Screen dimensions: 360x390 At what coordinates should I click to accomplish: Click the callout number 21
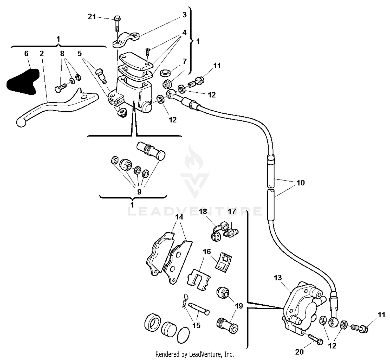[x=92, y=17]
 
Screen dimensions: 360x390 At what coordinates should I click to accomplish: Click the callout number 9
[x=139, y=192]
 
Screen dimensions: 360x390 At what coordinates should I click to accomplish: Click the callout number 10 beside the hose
[x=300, y=183]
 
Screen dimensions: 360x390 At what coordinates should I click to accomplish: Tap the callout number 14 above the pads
[x=179, y=217]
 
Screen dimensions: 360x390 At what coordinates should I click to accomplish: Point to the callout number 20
[x=299, y=352]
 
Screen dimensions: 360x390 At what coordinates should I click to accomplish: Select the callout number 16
[x=207, y=252]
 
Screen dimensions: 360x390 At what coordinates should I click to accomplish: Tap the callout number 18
[x=203, y=211]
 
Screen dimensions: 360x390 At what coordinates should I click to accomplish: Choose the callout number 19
[x=239, y=306]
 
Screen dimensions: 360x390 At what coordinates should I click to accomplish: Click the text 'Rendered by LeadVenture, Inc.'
[x=194, y=354]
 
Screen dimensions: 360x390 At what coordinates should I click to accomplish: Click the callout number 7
[x=184, y=62]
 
